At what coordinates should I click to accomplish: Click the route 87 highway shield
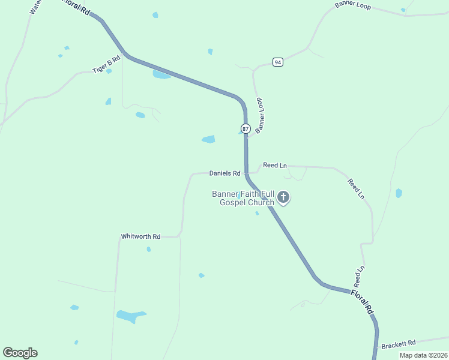point(246,128)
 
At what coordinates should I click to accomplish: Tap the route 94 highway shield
point(277,62)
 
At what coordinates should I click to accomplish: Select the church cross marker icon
point(283,197)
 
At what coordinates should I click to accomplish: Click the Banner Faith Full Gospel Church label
point(243,198)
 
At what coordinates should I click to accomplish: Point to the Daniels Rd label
point(224,173)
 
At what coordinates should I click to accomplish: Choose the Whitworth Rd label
point(140,236)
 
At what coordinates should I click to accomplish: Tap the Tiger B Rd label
point(107,65)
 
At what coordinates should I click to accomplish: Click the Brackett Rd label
point(399,344)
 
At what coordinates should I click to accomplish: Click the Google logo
point(20,353)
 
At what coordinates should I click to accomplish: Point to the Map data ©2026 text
point(423,355)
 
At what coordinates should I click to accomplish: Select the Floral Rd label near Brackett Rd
point(363,302)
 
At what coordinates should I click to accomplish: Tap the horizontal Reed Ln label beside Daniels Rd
point(275,165)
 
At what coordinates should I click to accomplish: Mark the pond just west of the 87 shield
point(208,139)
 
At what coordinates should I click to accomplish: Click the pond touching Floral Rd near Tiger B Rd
point(161,75)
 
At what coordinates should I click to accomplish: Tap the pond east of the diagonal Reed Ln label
point(399,193)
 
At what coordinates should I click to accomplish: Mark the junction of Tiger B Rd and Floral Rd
point(125,56)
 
